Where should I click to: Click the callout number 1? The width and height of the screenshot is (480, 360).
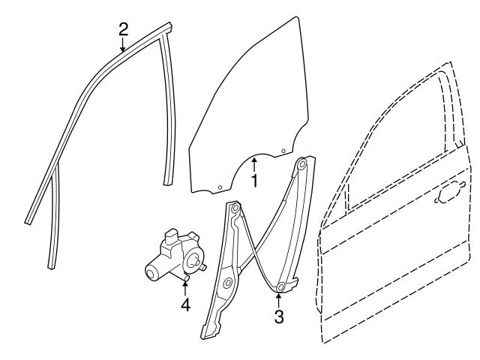pyautogui.click(x=254, y=181)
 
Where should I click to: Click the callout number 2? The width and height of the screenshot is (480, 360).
pyautogui.click(x=124, y=29)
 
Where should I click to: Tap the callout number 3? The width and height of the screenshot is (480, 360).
pyautogui.click(x=279, y=316)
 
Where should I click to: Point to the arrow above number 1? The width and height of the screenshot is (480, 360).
pyautogui.click(x=254, y=162)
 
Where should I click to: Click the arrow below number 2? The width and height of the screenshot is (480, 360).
pyautogui.click(x=124, y=46)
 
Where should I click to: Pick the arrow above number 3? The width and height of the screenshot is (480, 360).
pyautogui.click(x=279, y=298)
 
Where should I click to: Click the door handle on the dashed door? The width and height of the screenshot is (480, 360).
pyautogui.click(x=448, y=194)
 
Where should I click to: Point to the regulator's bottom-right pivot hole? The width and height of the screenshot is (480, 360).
pyautogui.click(x=280, y=287)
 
